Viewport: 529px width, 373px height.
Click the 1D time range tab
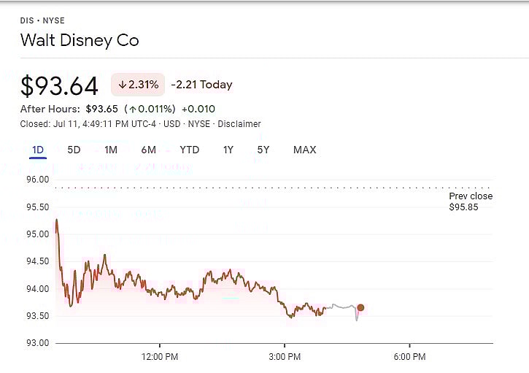(38, 150)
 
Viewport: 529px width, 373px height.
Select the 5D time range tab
(74, 150)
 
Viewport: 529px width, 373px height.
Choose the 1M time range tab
(111, 150)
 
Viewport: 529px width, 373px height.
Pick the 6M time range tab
(149, 150)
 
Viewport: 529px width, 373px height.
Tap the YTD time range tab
(190, 150)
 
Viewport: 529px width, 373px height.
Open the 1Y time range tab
(228, 150)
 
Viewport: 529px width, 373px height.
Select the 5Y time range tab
(263, 150)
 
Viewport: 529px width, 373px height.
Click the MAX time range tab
(304, 150)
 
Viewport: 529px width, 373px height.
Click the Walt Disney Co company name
(80, 40)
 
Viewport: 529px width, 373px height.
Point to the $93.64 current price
(59, 86)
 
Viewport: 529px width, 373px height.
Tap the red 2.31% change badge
(138, 85)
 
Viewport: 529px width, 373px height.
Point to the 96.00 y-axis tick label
(36, 180)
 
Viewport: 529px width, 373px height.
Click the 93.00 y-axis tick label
(36, 343)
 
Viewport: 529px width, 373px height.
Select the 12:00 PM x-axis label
(160, 357)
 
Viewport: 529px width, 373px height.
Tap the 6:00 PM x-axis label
(409, 357)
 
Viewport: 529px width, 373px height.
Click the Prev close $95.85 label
(471, 202)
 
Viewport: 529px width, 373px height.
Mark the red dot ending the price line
(360, 308)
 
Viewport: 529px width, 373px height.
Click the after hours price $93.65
(101, 109)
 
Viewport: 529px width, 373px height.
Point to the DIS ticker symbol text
(27, 21)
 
